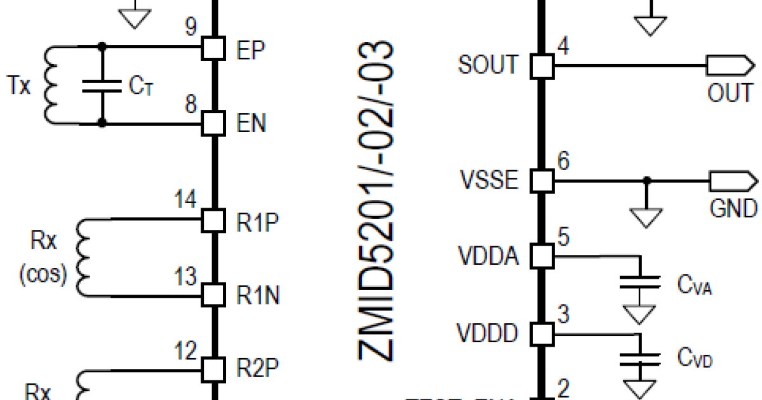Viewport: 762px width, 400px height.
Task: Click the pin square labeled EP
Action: (x=214, y=48)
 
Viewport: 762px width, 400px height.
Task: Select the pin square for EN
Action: (x=214, y=123)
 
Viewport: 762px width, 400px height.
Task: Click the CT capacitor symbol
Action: (x=102, y=86)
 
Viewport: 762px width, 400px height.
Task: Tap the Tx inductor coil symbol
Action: (x=51, y=84)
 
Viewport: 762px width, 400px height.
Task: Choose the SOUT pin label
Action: (x=488, y=65)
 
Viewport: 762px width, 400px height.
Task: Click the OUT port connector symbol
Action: (x=728, y=65)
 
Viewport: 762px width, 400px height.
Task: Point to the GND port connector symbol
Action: (x=732, y=181)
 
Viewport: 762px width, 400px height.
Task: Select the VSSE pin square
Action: (x=542, y=181)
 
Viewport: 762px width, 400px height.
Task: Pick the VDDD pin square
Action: (x=542, y=333)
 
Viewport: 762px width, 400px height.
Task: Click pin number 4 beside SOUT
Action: (x=563, y=46)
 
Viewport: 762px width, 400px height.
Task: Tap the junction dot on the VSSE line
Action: (x=646, y=181)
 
